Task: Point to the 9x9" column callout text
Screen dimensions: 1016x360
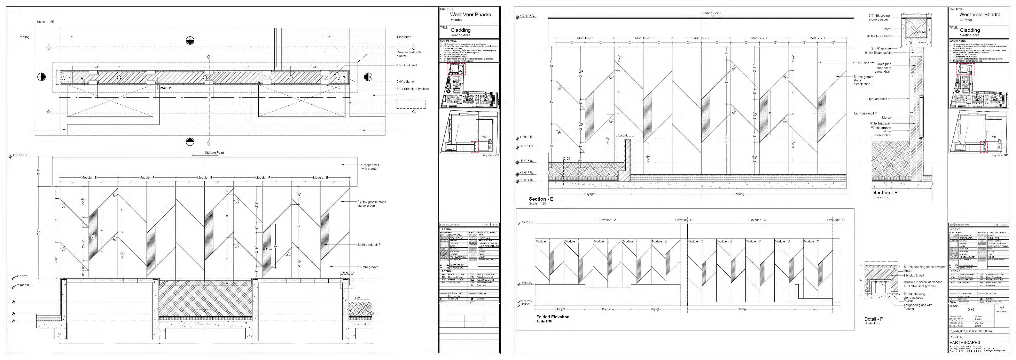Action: [405, 82]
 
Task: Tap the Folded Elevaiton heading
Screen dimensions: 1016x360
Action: [553, 317]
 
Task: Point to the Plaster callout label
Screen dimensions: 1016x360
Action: [886, 29]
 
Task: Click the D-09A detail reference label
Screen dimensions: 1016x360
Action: [622, 135]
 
